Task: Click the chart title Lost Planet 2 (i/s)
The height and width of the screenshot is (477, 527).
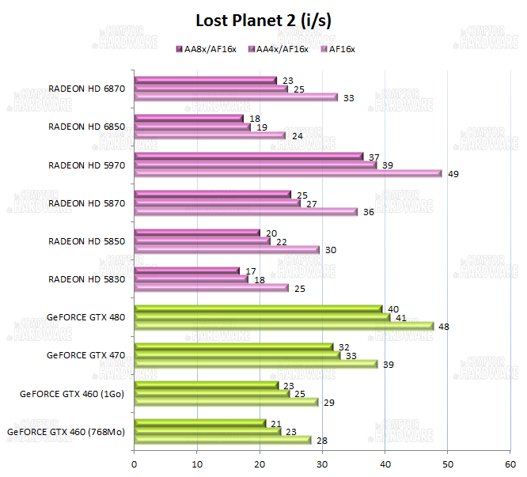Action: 263,21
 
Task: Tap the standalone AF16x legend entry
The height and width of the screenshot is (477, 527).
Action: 338,49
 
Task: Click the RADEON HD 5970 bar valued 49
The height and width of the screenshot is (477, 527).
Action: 288,173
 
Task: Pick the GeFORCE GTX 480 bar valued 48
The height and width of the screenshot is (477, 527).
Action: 284,326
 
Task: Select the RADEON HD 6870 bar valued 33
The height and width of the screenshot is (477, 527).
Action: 236,97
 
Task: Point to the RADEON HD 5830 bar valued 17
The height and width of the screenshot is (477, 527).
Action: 187,271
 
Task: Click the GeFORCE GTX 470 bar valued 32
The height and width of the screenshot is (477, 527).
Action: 234,346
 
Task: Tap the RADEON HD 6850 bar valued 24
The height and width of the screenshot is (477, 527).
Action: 210,135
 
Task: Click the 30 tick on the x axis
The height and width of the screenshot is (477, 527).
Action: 323,464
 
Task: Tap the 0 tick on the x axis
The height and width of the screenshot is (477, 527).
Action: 135,464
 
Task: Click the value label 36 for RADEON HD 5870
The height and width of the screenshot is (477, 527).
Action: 369,212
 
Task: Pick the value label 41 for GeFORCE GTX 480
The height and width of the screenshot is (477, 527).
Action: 401,317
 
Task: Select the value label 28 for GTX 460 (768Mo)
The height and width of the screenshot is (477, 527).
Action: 321,441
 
